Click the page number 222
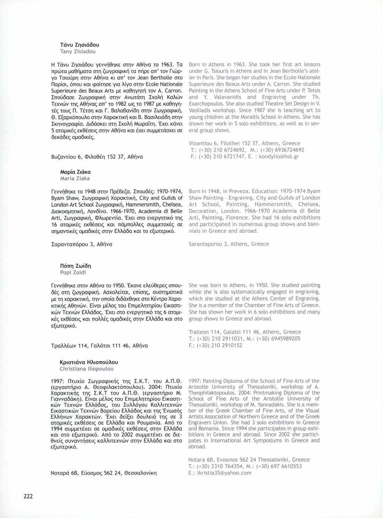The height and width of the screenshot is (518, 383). click(28, 496)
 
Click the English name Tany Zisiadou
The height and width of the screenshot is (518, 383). click(78, 51)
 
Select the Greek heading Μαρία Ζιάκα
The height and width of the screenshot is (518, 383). click(75, 172)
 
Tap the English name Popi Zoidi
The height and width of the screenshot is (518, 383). click(73, 272)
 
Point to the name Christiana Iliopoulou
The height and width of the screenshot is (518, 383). click(87, 369)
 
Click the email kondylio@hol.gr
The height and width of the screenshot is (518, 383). click(279, 156)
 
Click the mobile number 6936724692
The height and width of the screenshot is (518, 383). click(288, 150)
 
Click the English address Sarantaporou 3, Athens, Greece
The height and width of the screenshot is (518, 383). click(229, 244)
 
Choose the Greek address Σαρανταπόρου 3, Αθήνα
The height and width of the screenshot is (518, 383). click(82, 244)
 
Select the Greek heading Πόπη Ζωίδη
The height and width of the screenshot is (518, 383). click(76, 266)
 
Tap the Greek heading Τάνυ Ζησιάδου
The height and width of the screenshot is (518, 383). click(80, 45)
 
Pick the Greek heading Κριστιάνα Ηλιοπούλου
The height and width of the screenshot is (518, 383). click(89, 362)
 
